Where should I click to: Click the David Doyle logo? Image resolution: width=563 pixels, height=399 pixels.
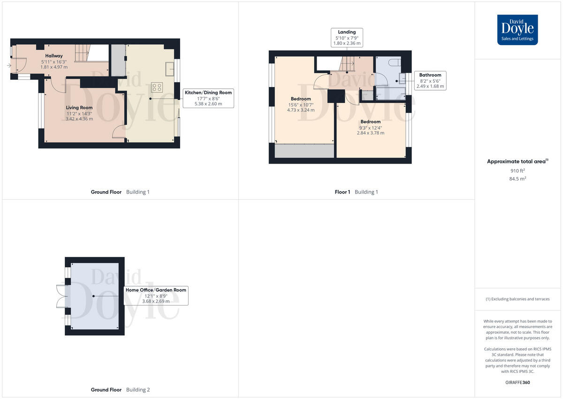[517, 30]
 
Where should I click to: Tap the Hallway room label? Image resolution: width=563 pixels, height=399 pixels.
[54, 56]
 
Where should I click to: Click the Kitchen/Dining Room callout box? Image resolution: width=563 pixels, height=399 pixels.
[208, 98]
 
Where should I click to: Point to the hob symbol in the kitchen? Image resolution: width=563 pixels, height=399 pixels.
[156, 87]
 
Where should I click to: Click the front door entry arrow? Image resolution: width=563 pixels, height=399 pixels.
[9, 65]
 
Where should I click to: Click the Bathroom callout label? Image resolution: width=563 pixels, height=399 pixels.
[430, 80]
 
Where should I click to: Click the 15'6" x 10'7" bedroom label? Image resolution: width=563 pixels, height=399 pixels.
[301, 104]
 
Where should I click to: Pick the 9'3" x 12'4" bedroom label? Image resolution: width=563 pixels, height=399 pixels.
[370, 127]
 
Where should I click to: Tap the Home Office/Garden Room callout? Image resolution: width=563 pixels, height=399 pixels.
[156, 296]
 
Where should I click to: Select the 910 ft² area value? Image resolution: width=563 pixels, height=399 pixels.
[517, 171]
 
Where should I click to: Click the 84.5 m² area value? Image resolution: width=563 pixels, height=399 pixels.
[517, 179]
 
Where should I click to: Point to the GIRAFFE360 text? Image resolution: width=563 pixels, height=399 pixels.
[517, 383]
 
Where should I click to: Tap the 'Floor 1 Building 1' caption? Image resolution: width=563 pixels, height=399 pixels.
[356, 192]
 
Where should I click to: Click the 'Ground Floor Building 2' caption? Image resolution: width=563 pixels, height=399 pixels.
[121, 390]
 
